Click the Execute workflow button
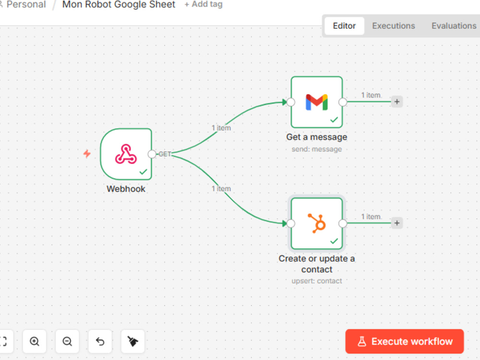404,341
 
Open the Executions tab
394,26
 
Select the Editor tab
344,26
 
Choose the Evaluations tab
454,26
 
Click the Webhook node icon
126,154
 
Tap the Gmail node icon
316,102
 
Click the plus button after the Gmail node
397,102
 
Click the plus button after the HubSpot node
397,223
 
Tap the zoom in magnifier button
34,341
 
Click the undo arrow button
100,341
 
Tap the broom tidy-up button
132,341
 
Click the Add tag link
203,5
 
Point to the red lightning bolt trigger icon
87,154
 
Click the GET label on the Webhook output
165,154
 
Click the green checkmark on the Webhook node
143,172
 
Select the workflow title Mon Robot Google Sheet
119,5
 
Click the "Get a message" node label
316,137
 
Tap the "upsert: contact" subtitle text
316,281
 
